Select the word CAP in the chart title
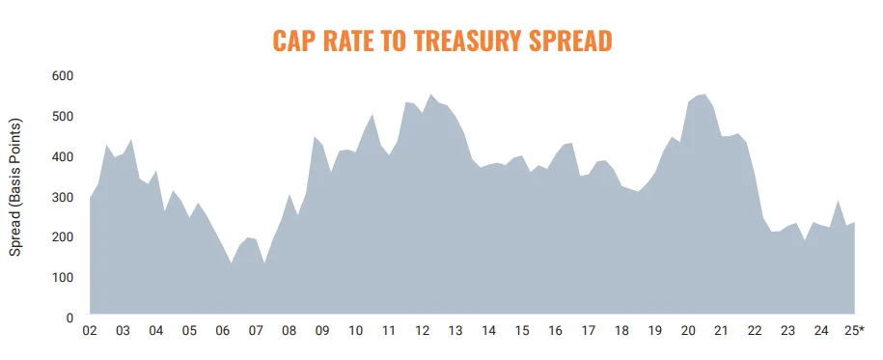pyautogui.click(x=294, y=40)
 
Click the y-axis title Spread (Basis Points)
pyautogui.click(x=15, y=188)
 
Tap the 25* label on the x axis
pyautogui.click(x=855, y=331)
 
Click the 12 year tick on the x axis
pyautogui.click(x=422, y=331)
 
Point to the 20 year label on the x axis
pyautogui.click(x=688, y=331)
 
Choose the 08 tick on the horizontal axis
pyautogui.click(x=289, y=331)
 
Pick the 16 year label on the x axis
pyautogui.click(x=555, y=331)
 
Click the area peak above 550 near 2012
pyautogui.click(x=430, y=95)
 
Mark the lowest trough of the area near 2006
pyautogui.click(x=231, y=263)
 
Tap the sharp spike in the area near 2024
pyautogui.click(x=839, y=201)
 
